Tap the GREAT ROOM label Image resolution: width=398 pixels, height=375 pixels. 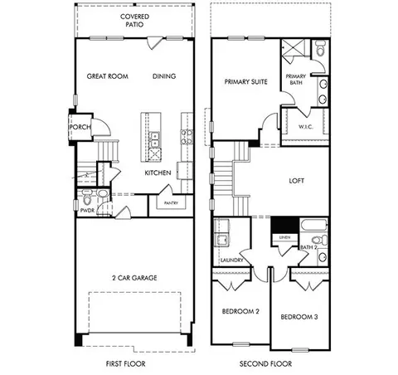106,76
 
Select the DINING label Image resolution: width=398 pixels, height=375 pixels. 163,76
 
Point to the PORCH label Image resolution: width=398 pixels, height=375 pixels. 80,127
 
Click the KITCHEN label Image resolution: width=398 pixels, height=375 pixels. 158,173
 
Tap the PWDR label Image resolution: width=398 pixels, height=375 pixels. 87,212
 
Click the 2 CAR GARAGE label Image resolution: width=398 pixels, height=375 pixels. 135,277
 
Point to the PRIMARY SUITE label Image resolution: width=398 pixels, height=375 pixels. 246,82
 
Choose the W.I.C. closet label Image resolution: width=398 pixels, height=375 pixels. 304,126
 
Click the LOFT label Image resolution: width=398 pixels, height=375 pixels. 298,179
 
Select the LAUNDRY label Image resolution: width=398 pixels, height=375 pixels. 230,260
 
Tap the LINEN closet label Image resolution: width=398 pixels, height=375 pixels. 284,238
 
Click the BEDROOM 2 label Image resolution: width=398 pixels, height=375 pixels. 238,311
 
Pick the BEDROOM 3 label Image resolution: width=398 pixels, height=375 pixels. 298,317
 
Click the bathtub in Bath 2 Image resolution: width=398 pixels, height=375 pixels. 313,225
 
